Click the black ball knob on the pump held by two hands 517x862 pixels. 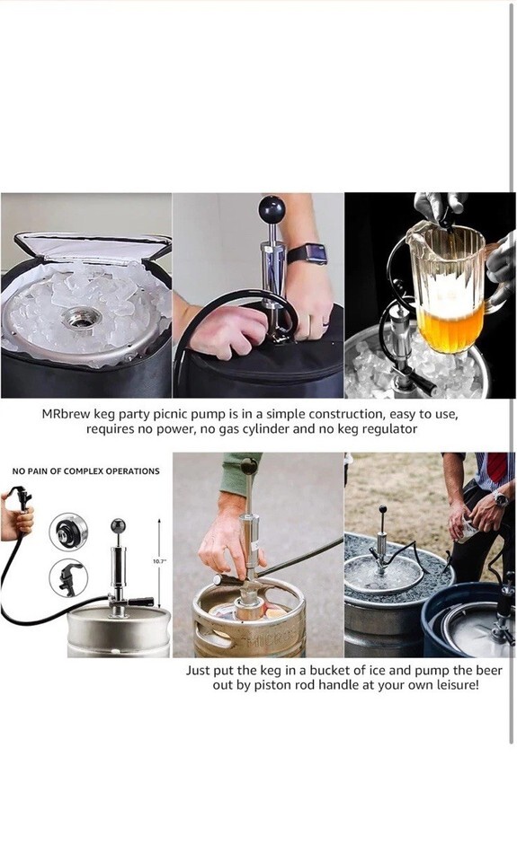(x=272, y=209)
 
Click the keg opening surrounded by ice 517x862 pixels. (x=82, y=318)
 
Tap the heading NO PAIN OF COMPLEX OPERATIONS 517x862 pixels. (x=86, y=471)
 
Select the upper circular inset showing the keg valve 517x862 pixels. (x=68, y=532)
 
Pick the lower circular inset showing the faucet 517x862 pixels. (x=68, y=577)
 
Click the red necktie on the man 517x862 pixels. (x=497, y=467)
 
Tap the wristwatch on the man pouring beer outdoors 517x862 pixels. (x=500, y=498)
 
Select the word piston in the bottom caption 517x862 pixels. (x=270, y=686)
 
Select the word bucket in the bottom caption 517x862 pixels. (x=330, y=671)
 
